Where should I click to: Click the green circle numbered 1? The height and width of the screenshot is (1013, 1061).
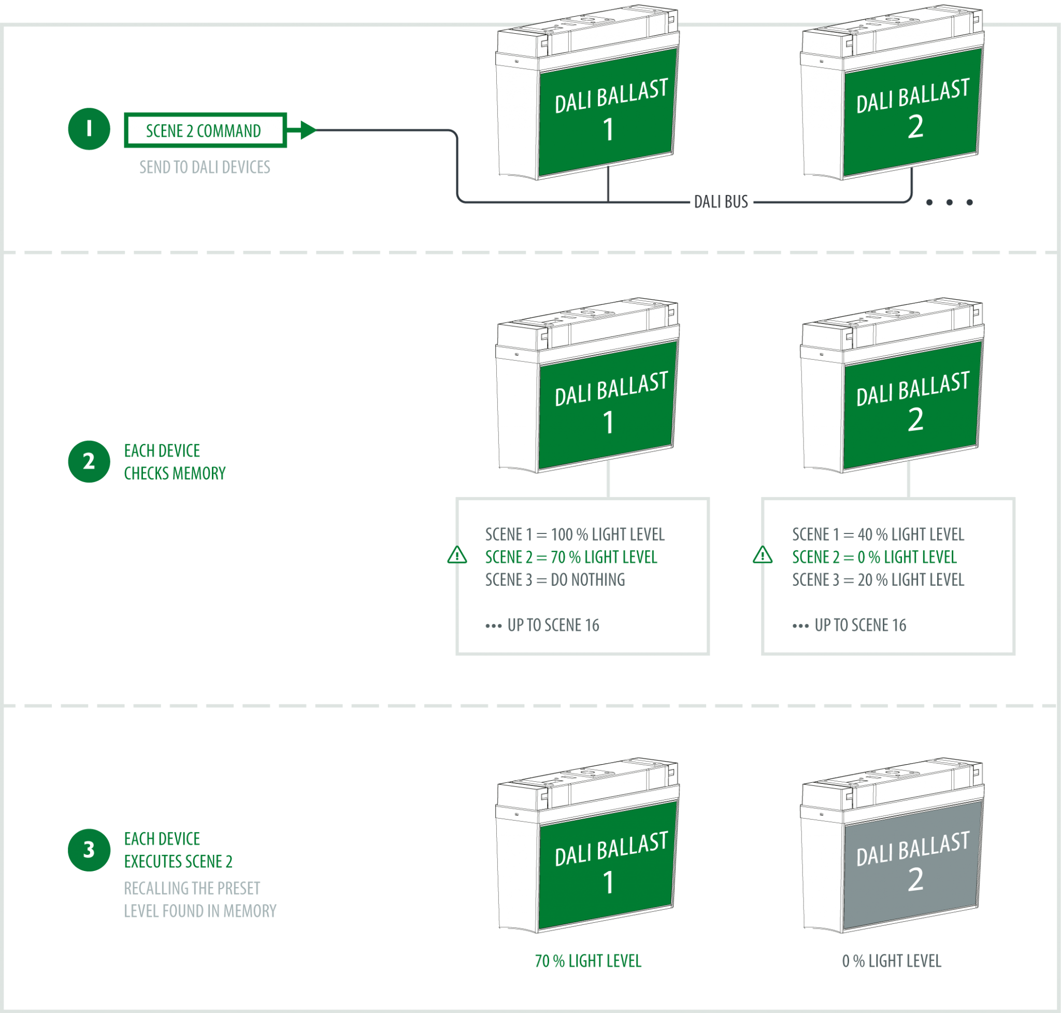point(89,129)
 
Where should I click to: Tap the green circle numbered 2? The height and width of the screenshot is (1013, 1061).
point(89,461)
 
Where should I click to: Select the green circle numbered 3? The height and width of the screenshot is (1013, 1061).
point(89,849)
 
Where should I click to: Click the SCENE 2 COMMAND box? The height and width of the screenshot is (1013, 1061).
point(205,130)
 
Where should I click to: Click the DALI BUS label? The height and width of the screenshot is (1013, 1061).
point(721,202)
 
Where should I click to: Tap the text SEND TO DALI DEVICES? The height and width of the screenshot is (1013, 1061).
point(205,167)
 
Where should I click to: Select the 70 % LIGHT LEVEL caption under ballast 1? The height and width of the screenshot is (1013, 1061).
point(587,961)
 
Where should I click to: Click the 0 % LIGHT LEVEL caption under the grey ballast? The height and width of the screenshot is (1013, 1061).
point(892,961)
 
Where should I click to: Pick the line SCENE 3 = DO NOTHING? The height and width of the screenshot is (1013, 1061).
point(555,580)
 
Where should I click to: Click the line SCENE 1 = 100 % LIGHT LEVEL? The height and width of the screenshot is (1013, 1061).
point(575,534)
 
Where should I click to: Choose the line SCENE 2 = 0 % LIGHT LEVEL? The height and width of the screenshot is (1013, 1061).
point(874,557)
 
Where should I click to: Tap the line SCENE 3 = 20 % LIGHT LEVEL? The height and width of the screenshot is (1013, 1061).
point(878,580)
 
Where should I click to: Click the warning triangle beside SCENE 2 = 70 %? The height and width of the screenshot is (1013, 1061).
point(457,555)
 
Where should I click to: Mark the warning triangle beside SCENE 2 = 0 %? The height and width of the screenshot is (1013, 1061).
point(763,555)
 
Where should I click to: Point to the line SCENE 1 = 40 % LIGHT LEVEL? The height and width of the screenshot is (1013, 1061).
point(878,534)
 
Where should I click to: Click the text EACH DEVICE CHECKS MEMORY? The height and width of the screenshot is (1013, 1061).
point(174,462)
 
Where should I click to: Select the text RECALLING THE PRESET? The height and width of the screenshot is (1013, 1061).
point(192,888)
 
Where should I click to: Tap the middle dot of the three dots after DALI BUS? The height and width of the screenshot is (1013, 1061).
point(949,203)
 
